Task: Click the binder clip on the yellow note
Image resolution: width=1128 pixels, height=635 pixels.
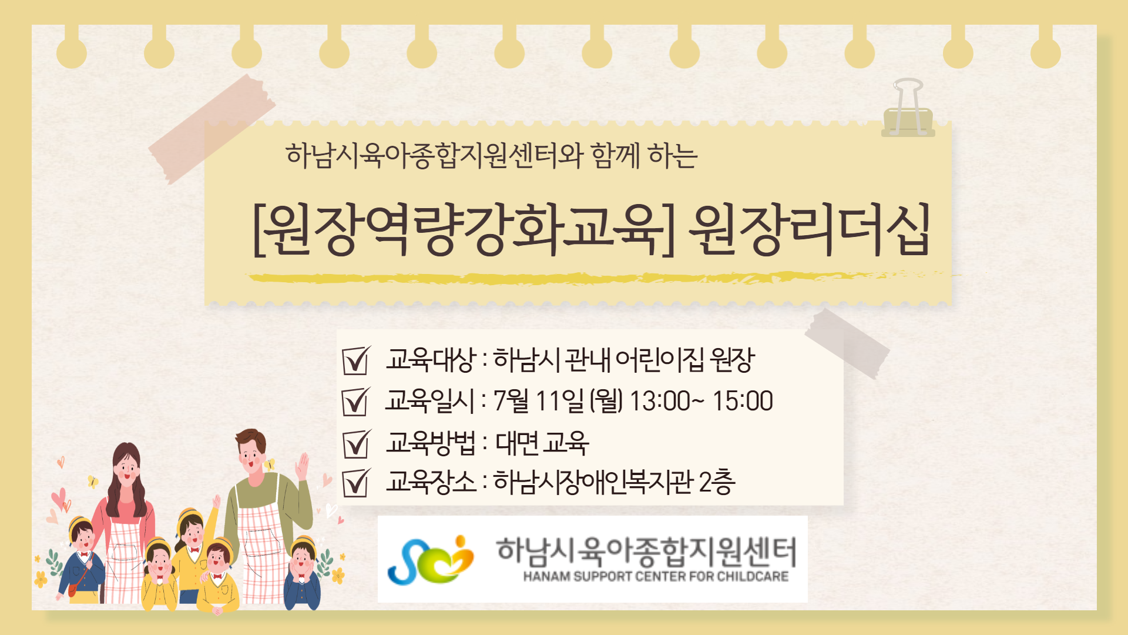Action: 908,109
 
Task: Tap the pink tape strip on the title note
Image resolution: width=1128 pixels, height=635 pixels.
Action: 211,129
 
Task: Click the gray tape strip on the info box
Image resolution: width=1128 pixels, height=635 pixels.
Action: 847,344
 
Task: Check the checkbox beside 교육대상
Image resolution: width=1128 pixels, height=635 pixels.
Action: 356,360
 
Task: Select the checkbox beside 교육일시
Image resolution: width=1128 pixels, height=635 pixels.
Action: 356,402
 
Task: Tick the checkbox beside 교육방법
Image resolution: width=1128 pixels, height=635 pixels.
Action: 356,444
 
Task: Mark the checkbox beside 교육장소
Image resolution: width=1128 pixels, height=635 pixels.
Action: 356,483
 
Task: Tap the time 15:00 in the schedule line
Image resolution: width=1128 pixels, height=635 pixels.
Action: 743,401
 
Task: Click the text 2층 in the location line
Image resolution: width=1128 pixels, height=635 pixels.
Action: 717,482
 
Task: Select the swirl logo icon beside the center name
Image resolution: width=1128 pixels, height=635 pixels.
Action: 431,560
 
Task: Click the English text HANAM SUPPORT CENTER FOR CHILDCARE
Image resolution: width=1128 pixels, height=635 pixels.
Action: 656,576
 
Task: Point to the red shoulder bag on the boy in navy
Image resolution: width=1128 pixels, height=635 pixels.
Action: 73,589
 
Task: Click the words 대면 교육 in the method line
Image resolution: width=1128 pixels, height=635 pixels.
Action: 542,443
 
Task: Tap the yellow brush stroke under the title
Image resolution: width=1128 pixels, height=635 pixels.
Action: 599,277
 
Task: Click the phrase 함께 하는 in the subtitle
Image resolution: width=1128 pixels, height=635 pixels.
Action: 644,156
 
